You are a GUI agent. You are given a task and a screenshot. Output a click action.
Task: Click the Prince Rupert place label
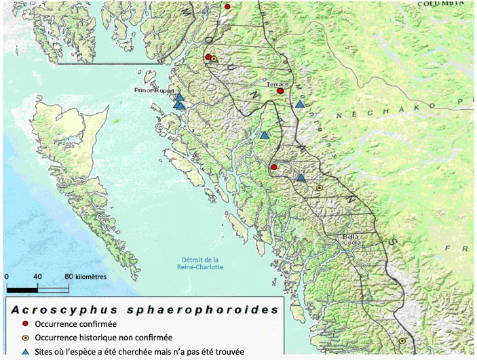tap(155, 90)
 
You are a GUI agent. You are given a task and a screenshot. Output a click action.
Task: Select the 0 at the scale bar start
tap(7, 277)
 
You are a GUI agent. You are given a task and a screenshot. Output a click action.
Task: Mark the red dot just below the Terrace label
tap(280, 91)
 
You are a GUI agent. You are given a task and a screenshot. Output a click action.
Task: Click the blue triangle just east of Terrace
tap(299, 104)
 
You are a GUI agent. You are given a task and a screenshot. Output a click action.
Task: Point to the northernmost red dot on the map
tap(227, 6)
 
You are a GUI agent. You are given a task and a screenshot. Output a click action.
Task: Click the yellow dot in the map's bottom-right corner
tap(402, 341)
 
